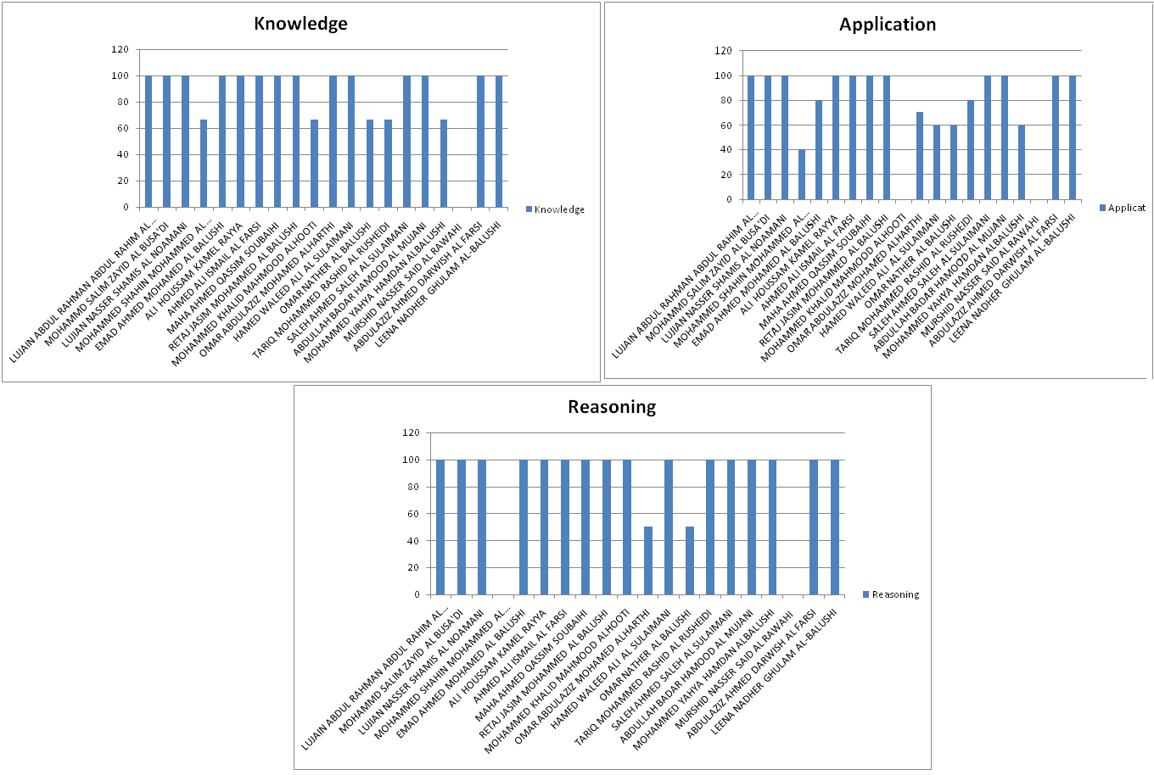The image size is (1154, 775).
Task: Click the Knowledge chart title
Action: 300,24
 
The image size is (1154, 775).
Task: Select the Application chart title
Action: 888,25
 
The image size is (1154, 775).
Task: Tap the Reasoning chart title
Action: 612,407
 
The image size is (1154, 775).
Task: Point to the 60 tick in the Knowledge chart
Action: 123,128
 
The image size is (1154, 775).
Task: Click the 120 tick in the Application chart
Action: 723,50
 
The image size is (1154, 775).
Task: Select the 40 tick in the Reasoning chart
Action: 412,540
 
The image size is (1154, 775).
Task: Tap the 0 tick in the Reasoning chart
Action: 417,594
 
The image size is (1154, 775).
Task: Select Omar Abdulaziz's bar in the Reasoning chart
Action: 648,560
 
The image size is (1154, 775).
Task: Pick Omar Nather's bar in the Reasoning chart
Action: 690,560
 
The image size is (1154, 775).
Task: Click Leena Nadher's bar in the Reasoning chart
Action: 835,527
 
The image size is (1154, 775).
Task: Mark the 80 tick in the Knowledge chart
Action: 123,102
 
